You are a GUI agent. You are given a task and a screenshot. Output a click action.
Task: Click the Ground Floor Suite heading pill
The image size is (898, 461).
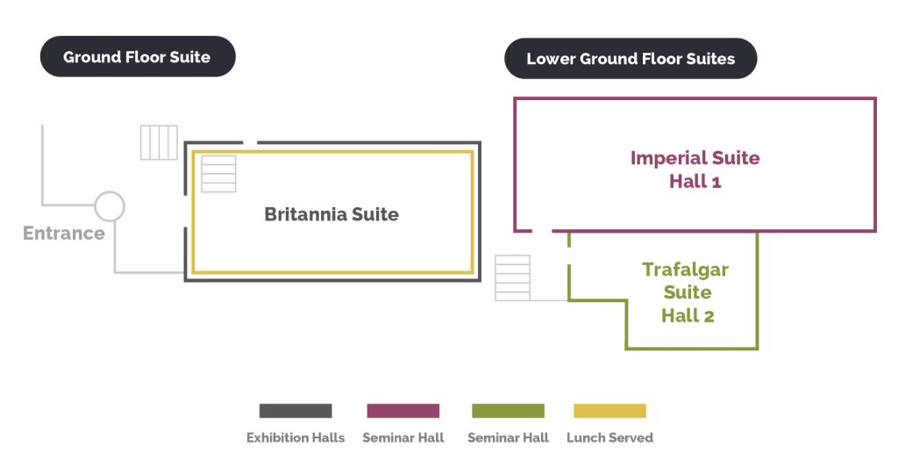coord(137,57)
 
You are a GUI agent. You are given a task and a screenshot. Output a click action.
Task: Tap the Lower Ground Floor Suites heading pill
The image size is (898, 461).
coord(630,59)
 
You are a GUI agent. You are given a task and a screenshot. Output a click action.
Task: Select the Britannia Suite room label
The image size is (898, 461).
coord(331,214)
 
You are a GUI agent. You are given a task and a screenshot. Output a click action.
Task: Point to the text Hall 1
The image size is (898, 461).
coord(695,183)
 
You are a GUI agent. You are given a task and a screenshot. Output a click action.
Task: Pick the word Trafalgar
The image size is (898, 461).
coord(686,270)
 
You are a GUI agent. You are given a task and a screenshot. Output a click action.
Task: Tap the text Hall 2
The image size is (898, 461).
coord(688,315)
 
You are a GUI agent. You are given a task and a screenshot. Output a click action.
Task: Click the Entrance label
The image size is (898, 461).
coord(63,234)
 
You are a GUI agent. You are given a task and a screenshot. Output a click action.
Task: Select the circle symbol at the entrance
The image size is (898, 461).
coord(110,206)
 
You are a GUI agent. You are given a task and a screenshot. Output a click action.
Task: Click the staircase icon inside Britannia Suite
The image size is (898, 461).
coord(219,173)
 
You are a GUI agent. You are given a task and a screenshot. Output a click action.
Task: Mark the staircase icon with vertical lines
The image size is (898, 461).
coord(160,142)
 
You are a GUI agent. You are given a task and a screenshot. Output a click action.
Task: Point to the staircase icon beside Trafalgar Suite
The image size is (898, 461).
coord(513,277)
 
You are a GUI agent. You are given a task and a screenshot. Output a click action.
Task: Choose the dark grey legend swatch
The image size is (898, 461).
coord(296,411)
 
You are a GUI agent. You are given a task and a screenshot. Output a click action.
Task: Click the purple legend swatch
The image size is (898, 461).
coord(403,411)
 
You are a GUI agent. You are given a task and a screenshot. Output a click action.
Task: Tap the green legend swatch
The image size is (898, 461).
coord(508,411)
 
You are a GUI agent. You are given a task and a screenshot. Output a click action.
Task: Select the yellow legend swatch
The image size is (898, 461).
coord(609,411)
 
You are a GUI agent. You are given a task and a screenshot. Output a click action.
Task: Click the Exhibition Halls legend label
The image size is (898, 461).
coord(296,437)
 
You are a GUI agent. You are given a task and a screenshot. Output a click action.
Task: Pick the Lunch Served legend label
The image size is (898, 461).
coord(609,437)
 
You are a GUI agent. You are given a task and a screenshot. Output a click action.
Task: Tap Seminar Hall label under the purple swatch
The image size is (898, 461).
coord(403,437)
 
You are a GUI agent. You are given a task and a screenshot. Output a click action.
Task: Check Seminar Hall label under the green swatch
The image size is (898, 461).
coord(508,437)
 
